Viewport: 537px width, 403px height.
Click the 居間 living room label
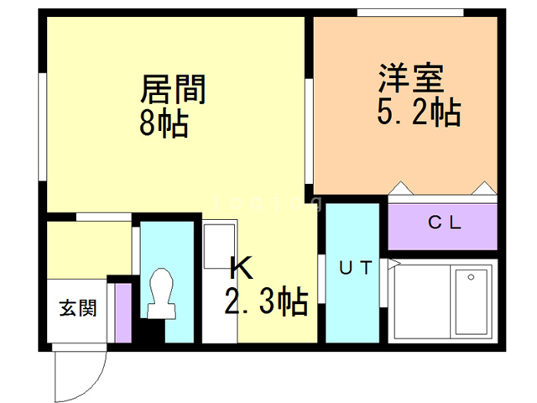(174, 89)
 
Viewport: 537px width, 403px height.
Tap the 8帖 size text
(164, 124)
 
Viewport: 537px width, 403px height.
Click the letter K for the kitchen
(241, 269)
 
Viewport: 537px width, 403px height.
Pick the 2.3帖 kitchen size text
(264, 300)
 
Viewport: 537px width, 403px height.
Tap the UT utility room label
(356, 269)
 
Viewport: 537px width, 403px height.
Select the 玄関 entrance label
(77, 307)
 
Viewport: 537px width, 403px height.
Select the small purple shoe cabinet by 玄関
(123, 312)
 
